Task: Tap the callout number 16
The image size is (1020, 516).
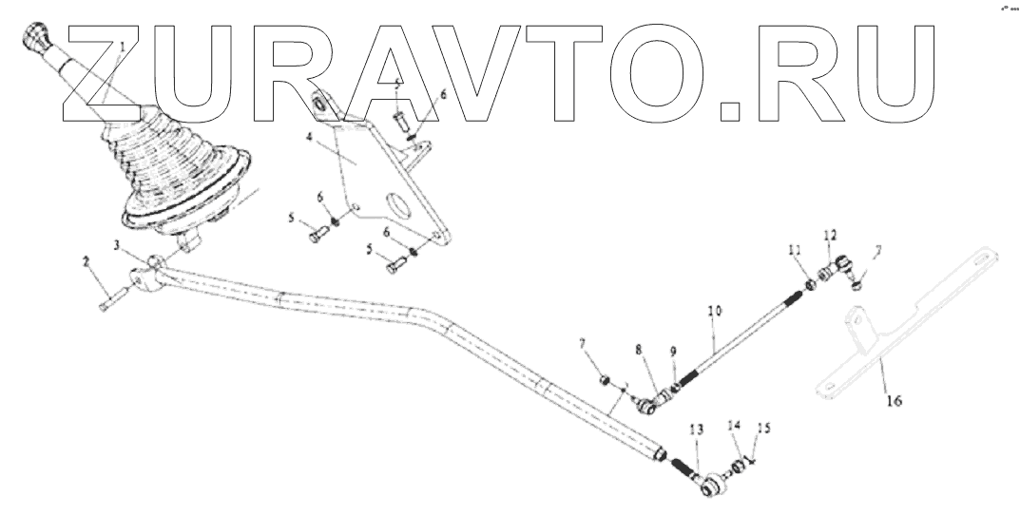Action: click(x=894, y=401)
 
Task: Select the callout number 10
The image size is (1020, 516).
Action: click(x=715, y=312)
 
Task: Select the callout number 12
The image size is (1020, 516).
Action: click(x=830, y=234)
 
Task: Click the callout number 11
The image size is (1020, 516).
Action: click(x=795, y=251)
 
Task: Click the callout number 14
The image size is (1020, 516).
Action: click(x=733, y=426)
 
